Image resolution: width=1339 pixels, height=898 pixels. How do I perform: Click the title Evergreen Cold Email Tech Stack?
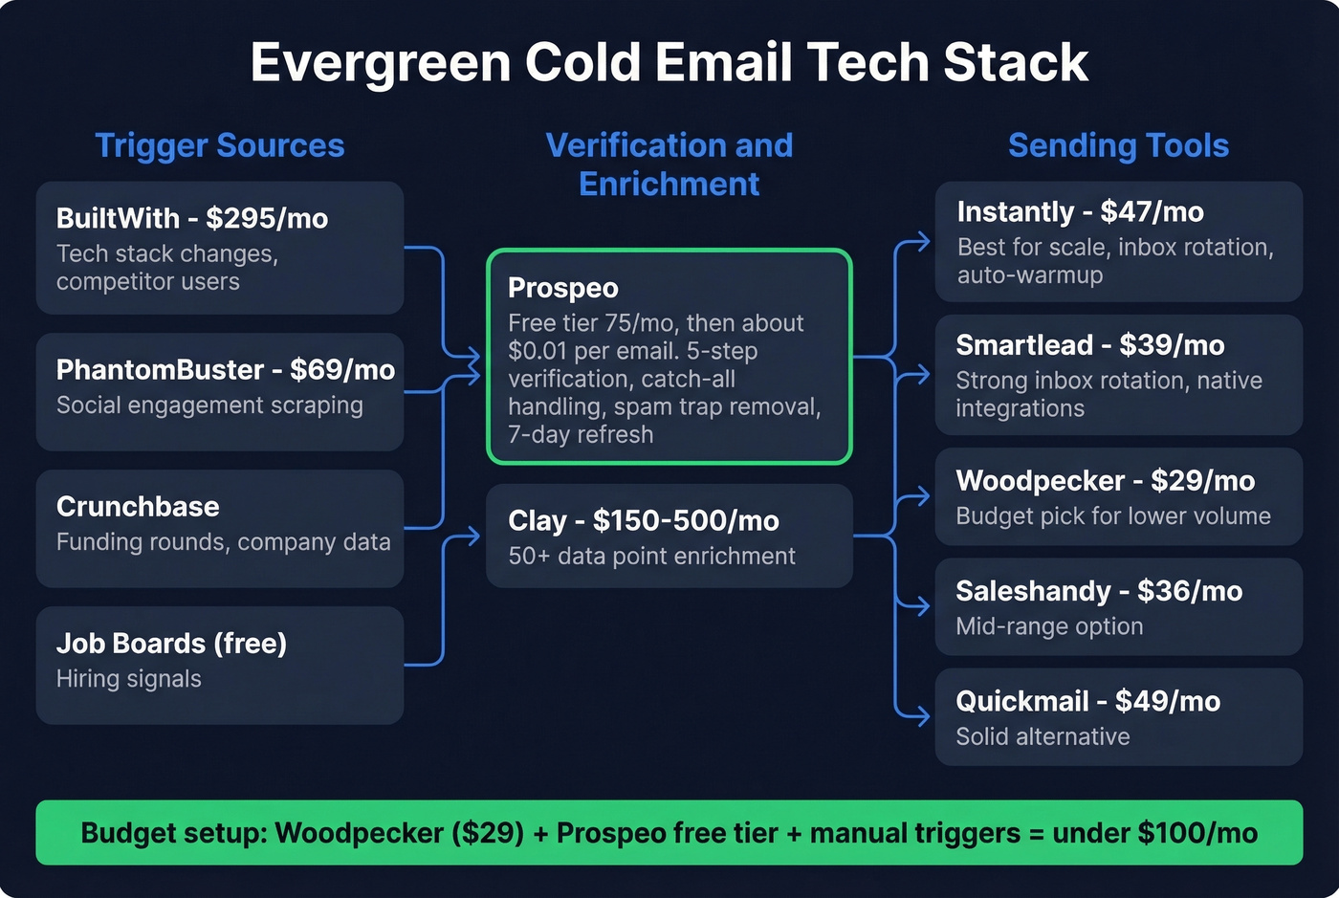click(x=669, y=63)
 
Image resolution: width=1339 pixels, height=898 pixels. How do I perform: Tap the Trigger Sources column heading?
click(x=219, y=145)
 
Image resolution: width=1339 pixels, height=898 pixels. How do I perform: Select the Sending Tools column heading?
click(x=1118, y=145)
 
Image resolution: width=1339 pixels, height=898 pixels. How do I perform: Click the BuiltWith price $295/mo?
click(x=267, y=219)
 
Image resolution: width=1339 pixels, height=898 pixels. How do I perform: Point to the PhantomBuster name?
click(x=160, y=370)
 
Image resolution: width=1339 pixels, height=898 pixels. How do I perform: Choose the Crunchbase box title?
click(x=138, y=507)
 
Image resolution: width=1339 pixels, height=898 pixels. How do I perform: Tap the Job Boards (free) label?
click(x=171, y=644)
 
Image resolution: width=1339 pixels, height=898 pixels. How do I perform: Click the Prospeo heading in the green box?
click(x=562, y=288)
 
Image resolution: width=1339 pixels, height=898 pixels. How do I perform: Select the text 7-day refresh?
click(x=581, y=435)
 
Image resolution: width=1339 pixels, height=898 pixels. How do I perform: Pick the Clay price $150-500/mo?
click(x=686, y=521)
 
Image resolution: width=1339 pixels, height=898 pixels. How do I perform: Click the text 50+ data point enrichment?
click(x=651, y=557)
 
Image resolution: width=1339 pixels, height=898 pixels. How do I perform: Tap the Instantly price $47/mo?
click(x=1152, y=212)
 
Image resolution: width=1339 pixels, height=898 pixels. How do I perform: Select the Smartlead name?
click(x=1023, y=345)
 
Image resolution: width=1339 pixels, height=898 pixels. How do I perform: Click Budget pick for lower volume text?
click(x=1112, y=516)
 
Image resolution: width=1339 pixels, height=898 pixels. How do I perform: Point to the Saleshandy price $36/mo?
click(x=1190, y=592)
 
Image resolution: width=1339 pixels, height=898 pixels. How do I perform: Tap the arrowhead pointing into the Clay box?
click(x=472, y=537)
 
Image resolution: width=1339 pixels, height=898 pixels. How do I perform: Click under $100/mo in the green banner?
click(x=1154, y=833)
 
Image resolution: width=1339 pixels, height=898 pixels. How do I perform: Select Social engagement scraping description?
click(x=209, y=405)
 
